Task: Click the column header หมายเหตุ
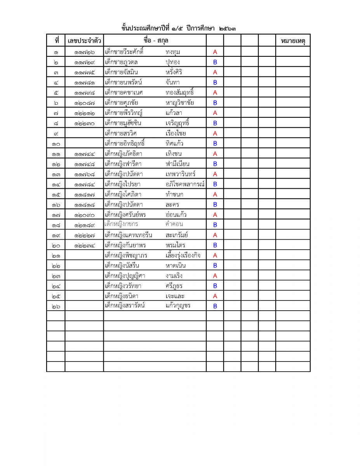coord(293,41)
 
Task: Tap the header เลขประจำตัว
coord(84,41)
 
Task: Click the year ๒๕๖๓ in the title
coord(227,28)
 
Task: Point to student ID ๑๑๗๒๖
coord(84,52)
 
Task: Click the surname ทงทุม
coord(173,52)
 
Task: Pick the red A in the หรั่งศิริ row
coord(215,72)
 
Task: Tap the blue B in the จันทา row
coord(215,82)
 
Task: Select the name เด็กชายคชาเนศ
coord(124,92)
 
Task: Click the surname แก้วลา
coord(174,113)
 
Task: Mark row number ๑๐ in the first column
coord(56,144)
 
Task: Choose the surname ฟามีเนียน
coord(177,164)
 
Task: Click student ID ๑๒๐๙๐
coord(84,215)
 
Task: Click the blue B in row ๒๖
coord(215,306)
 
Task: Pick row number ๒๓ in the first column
coord(56,276)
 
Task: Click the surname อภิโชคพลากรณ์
coord(185,184)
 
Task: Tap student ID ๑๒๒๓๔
coord(84,245)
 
